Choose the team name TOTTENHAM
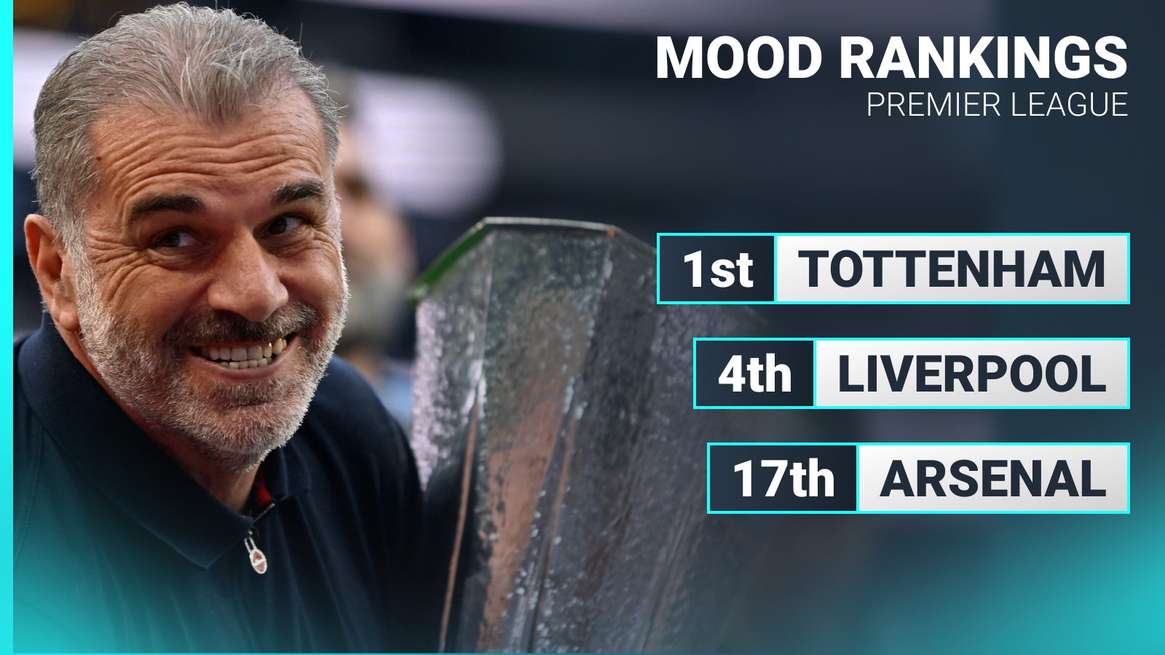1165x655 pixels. tap(951, 269)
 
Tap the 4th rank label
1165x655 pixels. tap(754, 374)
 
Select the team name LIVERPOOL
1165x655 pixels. tap(971, 374)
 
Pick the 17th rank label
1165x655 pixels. tap(783, 478)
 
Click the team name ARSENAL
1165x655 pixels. tap(992, 478)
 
